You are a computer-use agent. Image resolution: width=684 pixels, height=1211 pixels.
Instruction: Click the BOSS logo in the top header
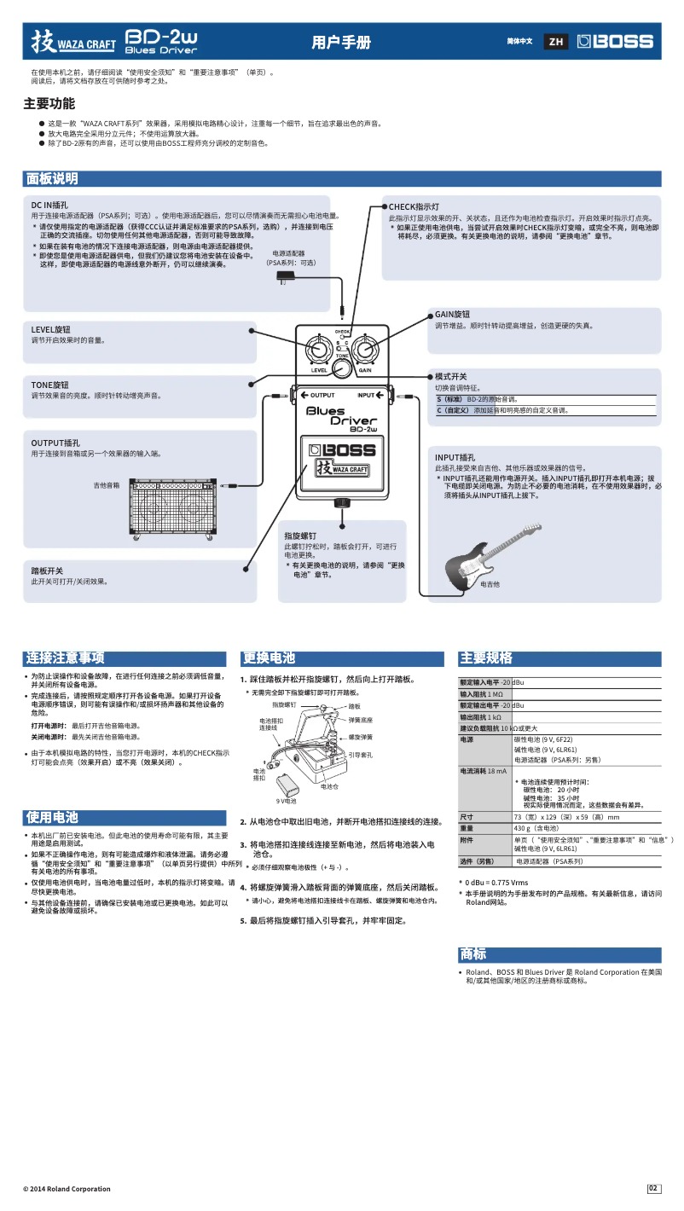[x=614, y=41]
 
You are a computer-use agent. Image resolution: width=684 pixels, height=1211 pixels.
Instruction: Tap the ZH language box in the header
[x=556, y=42]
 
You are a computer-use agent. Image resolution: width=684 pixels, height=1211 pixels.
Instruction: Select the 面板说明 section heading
[x=52, y=178]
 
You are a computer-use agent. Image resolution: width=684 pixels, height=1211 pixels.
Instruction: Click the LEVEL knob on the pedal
[x=319, y=351]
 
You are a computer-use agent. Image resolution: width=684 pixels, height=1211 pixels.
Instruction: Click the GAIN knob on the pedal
[x=364, y=351]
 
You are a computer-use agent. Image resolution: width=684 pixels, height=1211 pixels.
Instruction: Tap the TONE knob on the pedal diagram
[x=341, y=368]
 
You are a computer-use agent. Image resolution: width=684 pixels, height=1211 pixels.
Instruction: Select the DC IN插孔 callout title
[x=49, y=206]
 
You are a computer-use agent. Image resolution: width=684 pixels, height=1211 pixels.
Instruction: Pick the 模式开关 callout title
[x=450, y=376]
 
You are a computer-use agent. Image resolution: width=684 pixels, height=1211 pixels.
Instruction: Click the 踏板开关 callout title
[x=47, y=571]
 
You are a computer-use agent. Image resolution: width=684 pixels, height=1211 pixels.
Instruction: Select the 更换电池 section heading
[x=269, y=658]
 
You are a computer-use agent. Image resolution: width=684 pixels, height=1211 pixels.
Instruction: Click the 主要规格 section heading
[x=486, y=658]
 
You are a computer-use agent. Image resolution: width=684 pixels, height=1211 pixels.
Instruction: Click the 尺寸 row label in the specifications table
[x=467, y=817]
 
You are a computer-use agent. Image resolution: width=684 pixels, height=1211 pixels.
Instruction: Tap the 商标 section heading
[x=473, y=953]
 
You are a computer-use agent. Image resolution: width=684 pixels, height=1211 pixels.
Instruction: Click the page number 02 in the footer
[x=654, y=1189]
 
